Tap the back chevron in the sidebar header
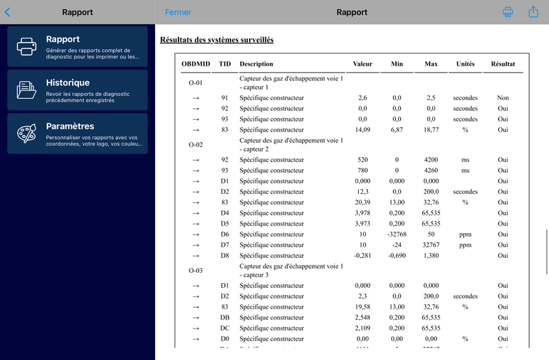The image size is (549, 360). click(x=8, y=12)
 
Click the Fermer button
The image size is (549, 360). click(x=178, y=12)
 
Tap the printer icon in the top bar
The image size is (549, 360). click(x=508, y=12)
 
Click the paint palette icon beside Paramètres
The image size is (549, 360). click(x=27, y=134)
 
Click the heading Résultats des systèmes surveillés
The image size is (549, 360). click(x=216, y=40)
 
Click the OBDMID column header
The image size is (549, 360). click(x=196, y=64)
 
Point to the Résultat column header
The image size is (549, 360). click(x=502, y=64)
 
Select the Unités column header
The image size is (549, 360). click(x=465, y=64)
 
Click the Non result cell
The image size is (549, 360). click(x=503, y=98)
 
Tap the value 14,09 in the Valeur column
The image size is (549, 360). click(x=363, y=130)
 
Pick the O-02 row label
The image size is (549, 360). click(x=196, y=145)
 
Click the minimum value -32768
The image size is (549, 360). click(x=397, y=235)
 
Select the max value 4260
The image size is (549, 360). click(x=431, y=171)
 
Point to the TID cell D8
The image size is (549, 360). click(x=224, y=256)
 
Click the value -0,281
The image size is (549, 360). click(x=362, y=256)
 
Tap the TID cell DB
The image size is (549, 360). click(x=224, y=317)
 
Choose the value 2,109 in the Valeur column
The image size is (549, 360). click(x=363, y=328)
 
